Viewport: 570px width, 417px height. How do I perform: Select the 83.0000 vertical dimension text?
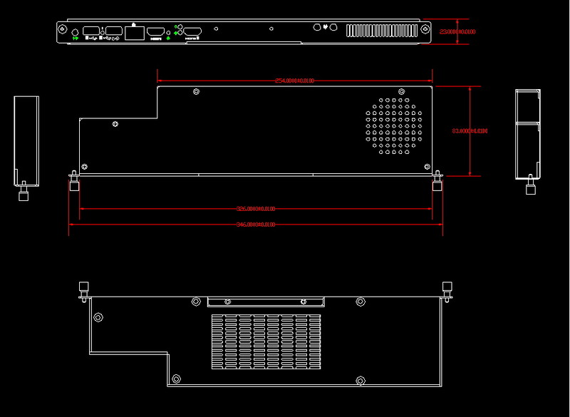click(470, 131)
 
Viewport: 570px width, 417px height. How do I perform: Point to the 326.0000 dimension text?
click(256, 209)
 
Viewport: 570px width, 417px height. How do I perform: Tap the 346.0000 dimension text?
click(255, 225)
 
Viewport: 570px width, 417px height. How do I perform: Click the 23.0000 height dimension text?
click(458, 32)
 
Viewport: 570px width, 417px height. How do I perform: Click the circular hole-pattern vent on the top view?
click(395, 126)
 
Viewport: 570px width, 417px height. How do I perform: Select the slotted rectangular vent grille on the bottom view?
click(267, 342)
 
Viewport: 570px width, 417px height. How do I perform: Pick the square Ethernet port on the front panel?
click(134, 31)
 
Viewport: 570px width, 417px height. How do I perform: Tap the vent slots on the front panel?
click(381, 32)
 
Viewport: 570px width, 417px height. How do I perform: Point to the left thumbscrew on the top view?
click(73, 184)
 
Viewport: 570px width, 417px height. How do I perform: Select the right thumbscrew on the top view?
click(437, 183)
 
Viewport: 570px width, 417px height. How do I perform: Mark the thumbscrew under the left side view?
click(23, 192)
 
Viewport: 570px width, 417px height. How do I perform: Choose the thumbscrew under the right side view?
click(530, 187)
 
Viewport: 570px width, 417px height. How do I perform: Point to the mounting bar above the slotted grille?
click(265, 302)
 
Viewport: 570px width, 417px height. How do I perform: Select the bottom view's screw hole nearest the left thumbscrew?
click(98, 316)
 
